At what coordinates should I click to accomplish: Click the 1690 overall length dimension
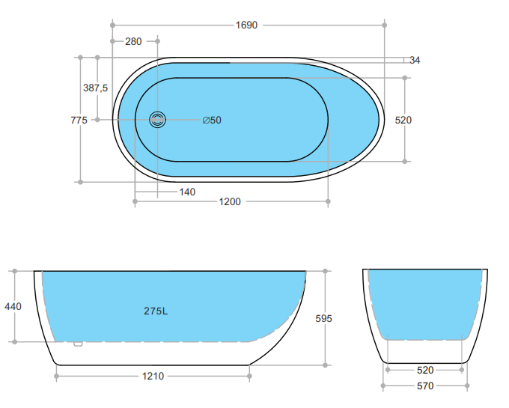[246, 25]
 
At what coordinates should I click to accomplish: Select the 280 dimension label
[133, 41]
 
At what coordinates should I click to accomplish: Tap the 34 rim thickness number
[415, 61]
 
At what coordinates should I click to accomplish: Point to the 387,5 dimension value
[95, 88]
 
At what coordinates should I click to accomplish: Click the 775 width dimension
[79, 120]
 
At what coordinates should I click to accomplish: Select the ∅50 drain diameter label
[212, 120]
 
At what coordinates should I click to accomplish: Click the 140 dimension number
[187, 192]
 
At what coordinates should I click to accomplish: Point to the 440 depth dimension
[13, 305]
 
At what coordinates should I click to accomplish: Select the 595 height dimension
[323, 318]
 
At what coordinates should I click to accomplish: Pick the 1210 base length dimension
[153, 376]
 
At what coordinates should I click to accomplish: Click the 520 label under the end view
[424, 369]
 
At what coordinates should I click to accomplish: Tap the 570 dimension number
[424, 386]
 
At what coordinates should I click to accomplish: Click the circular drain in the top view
[157, 120]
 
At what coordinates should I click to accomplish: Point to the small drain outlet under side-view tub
[77, 344]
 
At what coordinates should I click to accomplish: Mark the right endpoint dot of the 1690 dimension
[385, 25]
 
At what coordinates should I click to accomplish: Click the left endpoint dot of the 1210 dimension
[57, 376]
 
